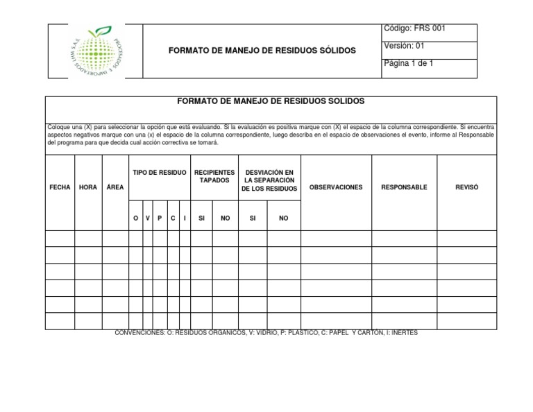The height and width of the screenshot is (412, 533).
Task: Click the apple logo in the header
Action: pyautogui.click(x=95, y=51)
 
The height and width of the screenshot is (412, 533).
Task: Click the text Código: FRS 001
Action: pyautogui.click(x=414, y=28)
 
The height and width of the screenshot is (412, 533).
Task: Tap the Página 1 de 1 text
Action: pyautogui.click(x=408, y=63)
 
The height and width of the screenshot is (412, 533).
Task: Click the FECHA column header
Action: pyautogui.click(x=60, y=187)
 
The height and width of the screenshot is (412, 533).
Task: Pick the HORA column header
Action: pyautogui.click(x=88, y=187)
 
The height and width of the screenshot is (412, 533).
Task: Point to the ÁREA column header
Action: pyautogui.click(x=115, y=187)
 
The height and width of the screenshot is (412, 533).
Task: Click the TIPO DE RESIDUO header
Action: pyautogui.click(x=159, y=172)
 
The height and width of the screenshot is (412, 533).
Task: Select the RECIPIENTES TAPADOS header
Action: pyautogui.click(x=214, y=176)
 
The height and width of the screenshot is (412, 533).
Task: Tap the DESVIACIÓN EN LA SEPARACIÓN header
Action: pyautogui.click(x=269, y=180)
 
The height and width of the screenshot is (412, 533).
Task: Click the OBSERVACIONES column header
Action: pyautogui.click(x=336, y=187)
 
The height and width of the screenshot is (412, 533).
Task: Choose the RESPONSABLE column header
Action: pyautogui.click(x=404, y=187)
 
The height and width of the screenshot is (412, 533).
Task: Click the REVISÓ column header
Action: pyautogui.click(x=466, y=187)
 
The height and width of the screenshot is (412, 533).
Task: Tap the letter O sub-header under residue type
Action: pyautogui.click(x=135, y=218)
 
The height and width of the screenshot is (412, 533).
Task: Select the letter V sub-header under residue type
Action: pyautogui.click(x=147, y=218)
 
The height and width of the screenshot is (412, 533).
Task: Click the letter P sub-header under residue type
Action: pyautogui.click(x=160, y=218)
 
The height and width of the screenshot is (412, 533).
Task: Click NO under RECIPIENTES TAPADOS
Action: pyautogui.click(x=225, y=218)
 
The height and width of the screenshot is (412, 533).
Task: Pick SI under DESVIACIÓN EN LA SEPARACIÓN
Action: pyautogui.click(x=253, y=218)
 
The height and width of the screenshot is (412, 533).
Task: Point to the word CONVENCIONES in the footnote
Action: pyautogui.click(x=139, y=333)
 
